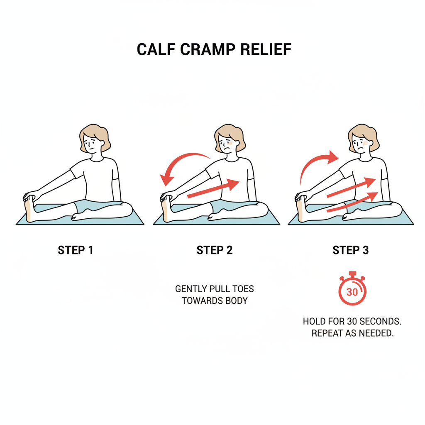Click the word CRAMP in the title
(208, 49)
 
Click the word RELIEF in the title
(266, 49)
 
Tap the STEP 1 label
(76, 250)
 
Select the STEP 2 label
(215, 250)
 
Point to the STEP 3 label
(350, 250)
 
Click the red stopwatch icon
(352, 288)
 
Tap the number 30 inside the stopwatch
(352, 292)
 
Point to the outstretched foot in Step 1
(29, 209)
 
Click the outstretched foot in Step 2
(166, 209)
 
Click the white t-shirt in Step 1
(95, 179)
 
